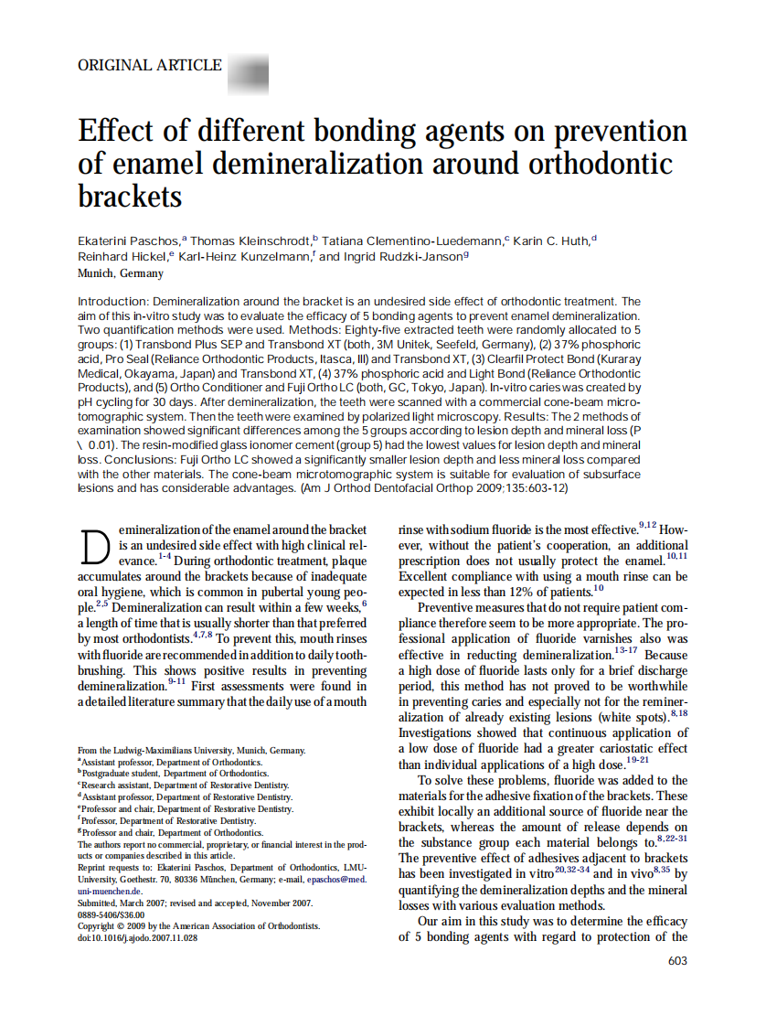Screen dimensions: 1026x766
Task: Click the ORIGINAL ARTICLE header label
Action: [x=150, y=66]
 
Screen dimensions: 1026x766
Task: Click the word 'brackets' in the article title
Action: [x=130, y=196]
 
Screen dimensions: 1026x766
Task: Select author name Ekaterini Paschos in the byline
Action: [x=128, y=240]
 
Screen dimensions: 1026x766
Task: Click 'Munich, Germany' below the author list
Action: [x=121, y=273]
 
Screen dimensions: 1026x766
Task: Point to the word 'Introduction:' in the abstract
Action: [x=112, y=301]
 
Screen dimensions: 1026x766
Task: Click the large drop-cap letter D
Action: [x=96, y=547]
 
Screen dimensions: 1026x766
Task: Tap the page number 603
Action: [x=677, y=961]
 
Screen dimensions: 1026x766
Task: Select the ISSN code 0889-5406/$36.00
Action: [x=112, y=914]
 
